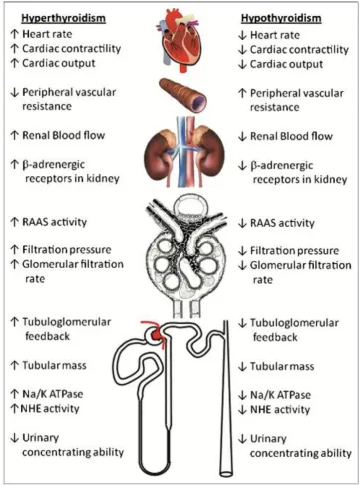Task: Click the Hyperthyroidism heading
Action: pos(63,18)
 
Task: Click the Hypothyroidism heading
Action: pos(281,18)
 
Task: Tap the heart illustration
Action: pos(178,41)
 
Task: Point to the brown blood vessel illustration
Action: pos(182,95)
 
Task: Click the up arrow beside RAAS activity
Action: pos(14,222)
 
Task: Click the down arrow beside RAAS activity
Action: pos(242,223)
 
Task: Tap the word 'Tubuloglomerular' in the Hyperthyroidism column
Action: pos(67,322)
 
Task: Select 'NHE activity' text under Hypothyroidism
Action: pos(280,410)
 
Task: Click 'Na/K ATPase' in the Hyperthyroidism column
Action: pos(53,394)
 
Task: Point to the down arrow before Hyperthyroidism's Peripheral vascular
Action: pos(14,93)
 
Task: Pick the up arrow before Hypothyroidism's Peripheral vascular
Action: pos(242,94)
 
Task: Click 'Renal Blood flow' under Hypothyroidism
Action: pos(291,136)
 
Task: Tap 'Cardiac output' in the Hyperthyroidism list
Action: pos(59,63)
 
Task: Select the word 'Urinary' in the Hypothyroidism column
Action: pos(268,439)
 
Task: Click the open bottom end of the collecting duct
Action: pos(226,473)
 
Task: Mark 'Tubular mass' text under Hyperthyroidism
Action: pos(54,366)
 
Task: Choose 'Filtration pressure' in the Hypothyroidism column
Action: pos(294,251)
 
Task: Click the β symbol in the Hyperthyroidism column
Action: pos(25,165)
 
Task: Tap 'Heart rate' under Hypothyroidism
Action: pos(275,35)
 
